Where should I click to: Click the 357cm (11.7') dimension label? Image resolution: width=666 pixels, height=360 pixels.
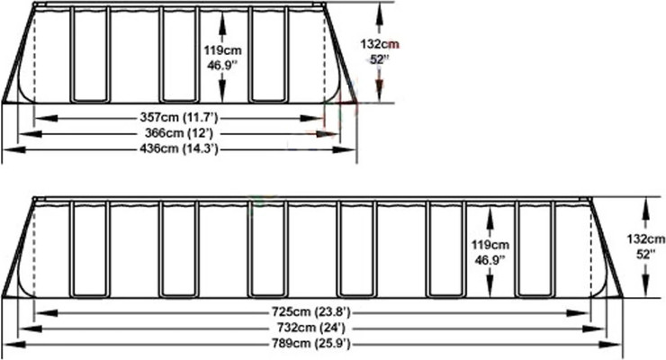[x=179, y=117]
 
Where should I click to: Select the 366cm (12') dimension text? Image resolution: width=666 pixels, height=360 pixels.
[x=179, y=133]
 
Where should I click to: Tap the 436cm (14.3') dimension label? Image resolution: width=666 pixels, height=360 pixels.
[x=179, y=149]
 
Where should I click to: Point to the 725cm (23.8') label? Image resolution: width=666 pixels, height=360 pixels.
[x=311, y=312]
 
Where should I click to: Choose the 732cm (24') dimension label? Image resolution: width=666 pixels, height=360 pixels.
[x=311, y=328]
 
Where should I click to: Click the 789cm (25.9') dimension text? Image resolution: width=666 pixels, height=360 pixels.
[x=311, y=343]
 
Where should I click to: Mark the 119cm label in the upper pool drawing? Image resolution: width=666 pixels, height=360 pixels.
[x=222, y=50]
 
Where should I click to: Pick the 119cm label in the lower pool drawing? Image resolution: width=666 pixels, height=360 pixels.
[x=490, y=245]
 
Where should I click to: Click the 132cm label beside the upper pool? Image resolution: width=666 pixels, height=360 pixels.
[x=380, y=44]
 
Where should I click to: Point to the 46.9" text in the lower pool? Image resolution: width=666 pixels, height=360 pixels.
[x=490, y=260]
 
